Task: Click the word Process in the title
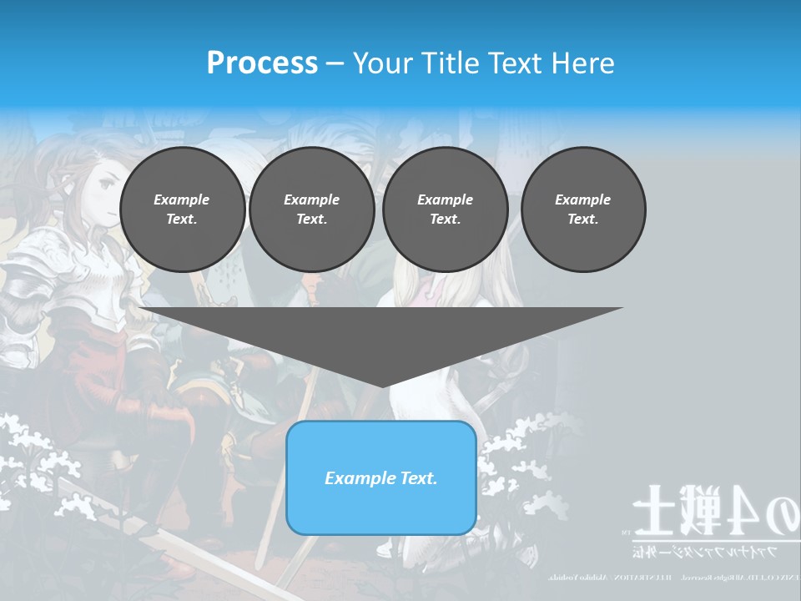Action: coord(262,63)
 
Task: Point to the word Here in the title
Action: coord(582,63)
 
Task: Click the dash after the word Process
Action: coord(335,64)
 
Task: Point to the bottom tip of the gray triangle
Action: coord(382,386)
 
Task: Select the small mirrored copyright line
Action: coord(667,577)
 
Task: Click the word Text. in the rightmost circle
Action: coord(582,219)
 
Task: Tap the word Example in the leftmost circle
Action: coord(182,199)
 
